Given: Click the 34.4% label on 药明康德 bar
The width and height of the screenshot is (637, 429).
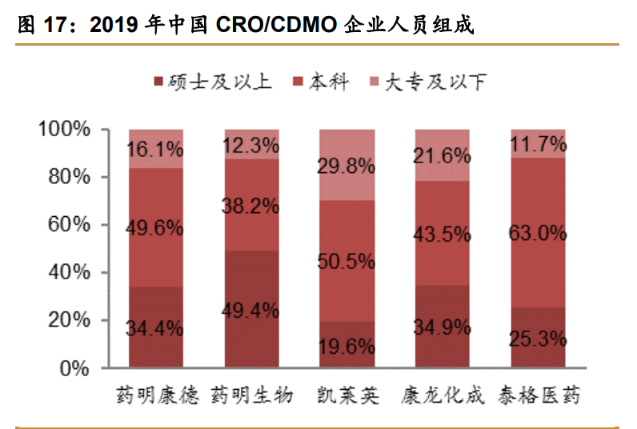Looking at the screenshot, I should pyautogui.click(x=156, y=328).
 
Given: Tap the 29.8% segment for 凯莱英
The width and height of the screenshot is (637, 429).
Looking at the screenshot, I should pyautogui.click(x=347, y=166).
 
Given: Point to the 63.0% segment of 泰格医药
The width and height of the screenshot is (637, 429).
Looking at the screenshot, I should pyautogui.click(x=538, y=233).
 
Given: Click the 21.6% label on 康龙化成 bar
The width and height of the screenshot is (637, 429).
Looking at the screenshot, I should pyautogui.click(x=443, y=155).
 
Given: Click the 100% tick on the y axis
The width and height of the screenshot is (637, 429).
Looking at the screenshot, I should pyautogui.click(x=66, y=130).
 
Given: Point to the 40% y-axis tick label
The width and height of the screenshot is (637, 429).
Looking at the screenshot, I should pyautogui.click(x=70, y=273).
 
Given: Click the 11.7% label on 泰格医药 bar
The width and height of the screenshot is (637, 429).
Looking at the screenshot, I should pyautogui.click(x=538, y=145).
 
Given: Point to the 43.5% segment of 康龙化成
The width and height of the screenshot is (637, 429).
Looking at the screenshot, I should pyautogui.click(x=443, y=235).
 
